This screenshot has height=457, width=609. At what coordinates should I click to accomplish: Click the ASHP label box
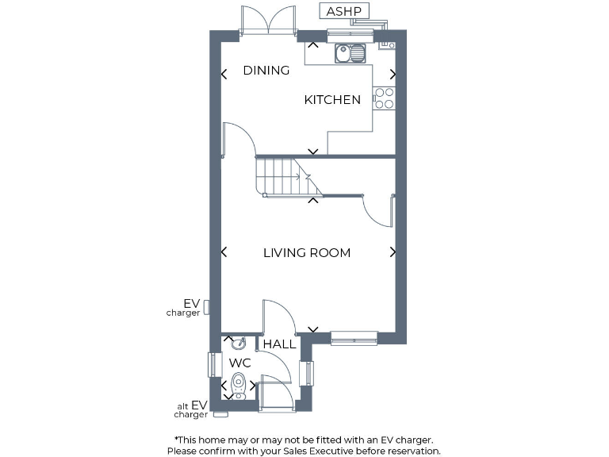[343, 11]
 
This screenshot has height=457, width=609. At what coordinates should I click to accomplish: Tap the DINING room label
[266, 71]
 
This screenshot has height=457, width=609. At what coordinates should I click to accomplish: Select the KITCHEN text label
[332, 100]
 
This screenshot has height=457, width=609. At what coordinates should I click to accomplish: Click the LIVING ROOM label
[307, 253]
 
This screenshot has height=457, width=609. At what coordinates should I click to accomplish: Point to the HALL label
[279, 344]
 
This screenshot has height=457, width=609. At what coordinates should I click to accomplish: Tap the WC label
[240, 363]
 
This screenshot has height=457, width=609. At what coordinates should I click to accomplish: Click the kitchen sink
[350, 53]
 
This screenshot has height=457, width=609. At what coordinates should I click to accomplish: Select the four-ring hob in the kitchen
[384, 98]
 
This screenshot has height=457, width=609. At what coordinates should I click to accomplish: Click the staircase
[285, 175]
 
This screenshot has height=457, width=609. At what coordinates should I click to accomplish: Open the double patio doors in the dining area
[268, 20]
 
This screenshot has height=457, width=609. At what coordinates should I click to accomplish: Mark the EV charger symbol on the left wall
[206, 306]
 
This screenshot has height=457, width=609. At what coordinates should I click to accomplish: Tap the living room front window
[354, 338]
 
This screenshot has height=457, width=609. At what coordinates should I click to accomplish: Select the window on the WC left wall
[211, 364]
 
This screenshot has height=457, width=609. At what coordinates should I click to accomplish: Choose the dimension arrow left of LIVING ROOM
[224, 252]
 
